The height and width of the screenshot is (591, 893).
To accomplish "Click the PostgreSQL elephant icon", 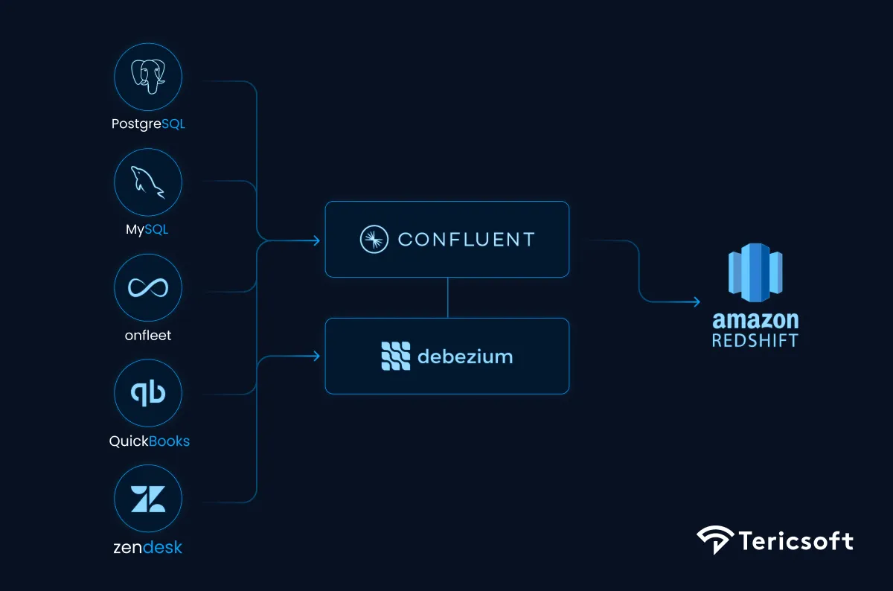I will pos(148,77).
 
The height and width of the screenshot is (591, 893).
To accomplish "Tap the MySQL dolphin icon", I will pos(148,182).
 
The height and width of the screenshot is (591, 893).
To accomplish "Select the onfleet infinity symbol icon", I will pos(148,287).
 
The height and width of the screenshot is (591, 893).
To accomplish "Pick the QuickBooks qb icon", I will pos(148,393).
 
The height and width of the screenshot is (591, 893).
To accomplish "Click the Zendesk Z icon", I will pos(148,499).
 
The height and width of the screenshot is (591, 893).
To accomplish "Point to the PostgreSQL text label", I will pos(148,124).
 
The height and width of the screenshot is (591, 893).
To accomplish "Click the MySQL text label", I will pos(147,229).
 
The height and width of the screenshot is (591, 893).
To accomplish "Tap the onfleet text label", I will pos(148,336).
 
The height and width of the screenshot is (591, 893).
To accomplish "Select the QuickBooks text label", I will pos(149,441).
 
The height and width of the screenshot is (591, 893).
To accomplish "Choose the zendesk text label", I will pos(148,548).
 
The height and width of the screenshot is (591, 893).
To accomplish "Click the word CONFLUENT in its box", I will pos(467,240).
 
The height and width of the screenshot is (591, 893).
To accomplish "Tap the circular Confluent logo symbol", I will pos(374,240).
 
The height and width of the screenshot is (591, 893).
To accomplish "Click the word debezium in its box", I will pos(465,357).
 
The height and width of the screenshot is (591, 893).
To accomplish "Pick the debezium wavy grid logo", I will pos(395,357).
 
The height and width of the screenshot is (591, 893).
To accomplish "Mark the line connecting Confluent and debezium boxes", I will pos(447,298).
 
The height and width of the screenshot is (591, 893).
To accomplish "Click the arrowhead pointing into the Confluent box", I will pos(316,240).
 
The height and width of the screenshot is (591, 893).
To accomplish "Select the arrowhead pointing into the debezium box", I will pos(316,357).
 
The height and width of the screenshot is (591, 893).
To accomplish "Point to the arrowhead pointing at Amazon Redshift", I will pos(696,301).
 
